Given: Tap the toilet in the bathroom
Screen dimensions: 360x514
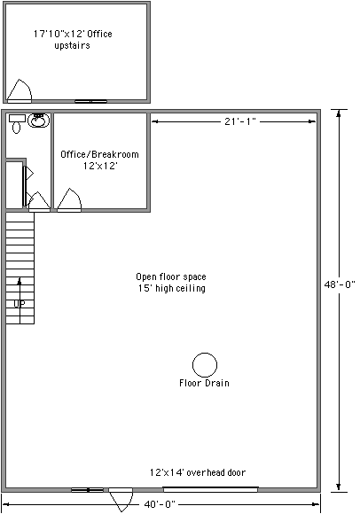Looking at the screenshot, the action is click(x=17, y=123).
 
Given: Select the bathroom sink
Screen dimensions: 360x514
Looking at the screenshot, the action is click(x=39, y=120).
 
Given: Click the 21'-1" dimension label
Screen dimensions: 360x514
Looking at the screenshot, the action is click(x=239, y=121).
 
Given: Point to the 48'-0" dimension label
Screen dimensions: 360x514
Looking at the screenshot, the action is click(x=340, y=284).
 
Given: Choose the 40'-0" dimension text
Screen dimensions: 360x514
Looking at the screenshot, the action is click(x=160, y=504).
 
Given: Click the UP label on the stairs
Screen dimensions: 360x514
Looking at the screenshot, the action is click(x=20, y=304).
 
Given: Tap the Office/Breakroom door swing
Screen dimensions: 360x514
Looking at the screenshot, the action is click(x=69, y=199).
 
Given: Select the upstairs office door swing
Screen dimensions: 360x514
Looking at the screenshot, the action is click(x=20, y=90).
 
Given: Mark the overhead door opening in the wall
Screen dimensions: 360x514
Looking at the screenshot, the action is click(x=210, y=489).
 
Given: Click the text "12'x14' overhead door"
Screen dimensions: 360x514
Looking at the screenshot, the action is click(x=198, y=472).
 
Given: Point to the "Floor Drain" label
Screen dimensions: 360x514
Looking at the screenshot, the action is click(x=204, y=383).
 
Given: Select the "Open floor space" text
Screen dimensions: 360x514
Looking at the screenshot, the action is click(x=171, y=276).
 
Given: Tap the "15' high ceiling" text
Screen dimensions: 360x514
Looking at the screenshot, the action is click(x=172, y=288).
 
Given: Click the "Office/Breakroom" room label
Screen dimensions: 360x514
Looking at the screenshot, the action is click(x=99, y=154).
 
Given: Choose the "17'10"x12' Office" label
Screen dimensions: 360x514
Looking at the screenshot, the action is click(x=73, y=34).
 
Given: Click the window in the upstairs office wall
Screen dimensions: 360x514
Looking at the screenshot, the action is click(x=90, y=101).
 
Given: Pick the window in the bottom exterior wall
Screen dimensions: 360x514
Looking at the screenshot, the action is click(x=87, y=490).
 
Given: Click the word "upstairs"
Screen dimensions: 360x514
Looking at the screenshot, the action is click(x=72, y=45).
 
